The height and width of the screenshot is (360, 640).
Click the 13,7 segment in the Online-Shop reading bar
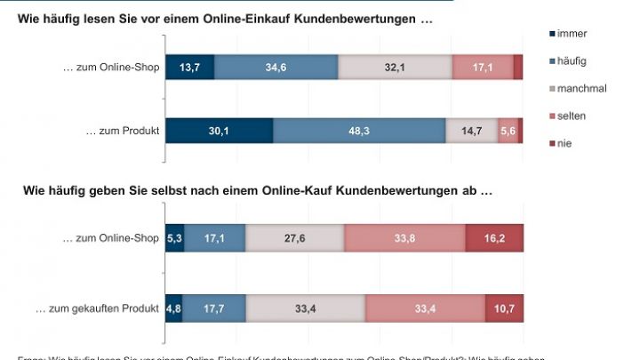tap(189, 67)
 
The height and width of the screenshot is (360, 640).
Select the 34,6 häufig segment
tap(276, 67)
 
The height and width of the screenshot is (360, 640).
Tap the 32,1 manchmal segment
tap(395, 67)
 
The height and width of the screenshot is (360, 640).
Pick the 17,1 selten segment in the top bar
tap(482, 67)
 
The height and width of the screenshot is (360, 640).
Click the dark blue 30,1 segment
tap(219, 130)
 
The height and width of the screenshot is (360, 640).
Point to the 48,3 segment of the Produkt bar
tap(358, 130)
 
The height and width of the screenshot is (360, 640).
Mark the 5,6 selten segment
tap(508, 130)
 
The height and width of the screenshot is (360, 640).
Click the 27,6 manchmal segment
tap(294, 238)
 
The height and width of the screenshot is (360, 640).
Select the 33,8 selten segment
tap(404, 238)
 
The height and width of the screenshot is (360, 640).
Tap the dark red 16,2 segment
tap(493, 238)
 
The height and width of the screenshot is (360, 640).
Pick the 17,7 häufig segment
tap(213, 308)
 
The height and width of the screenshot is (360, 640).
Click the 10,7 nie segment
tap(503, 308)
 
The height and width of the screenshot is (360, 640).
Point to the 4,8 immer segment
tap(173, 308)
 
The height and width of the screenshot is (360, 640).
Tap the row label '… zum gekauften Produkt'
tap(97, 308)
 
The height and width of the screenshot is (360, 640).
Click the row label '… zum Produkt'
tap(122, 130)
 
